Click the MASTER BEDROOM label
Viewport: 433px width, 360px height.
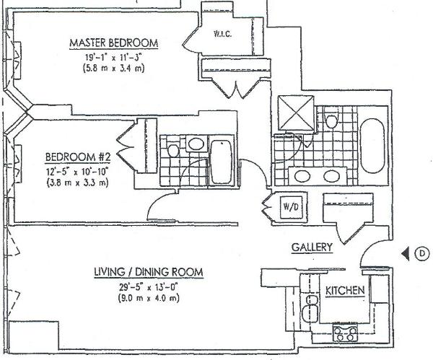[113, 43]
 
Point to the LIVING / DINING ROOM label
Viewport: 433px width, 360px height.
[148, 272]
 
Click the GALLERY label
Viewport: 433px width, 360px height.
[312, 247]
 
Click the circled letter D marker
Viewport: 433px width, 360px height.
[421, 253]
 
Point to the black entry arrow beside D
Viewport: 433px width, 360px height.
[406, 253]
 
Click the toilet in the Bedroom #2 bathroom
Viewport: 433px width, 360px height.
[173, 150]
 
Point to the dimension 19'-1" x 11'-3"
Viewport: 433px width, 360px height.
[113, 56]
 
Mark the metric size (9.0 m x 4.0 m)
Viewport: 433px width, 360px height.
[148, 297]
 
